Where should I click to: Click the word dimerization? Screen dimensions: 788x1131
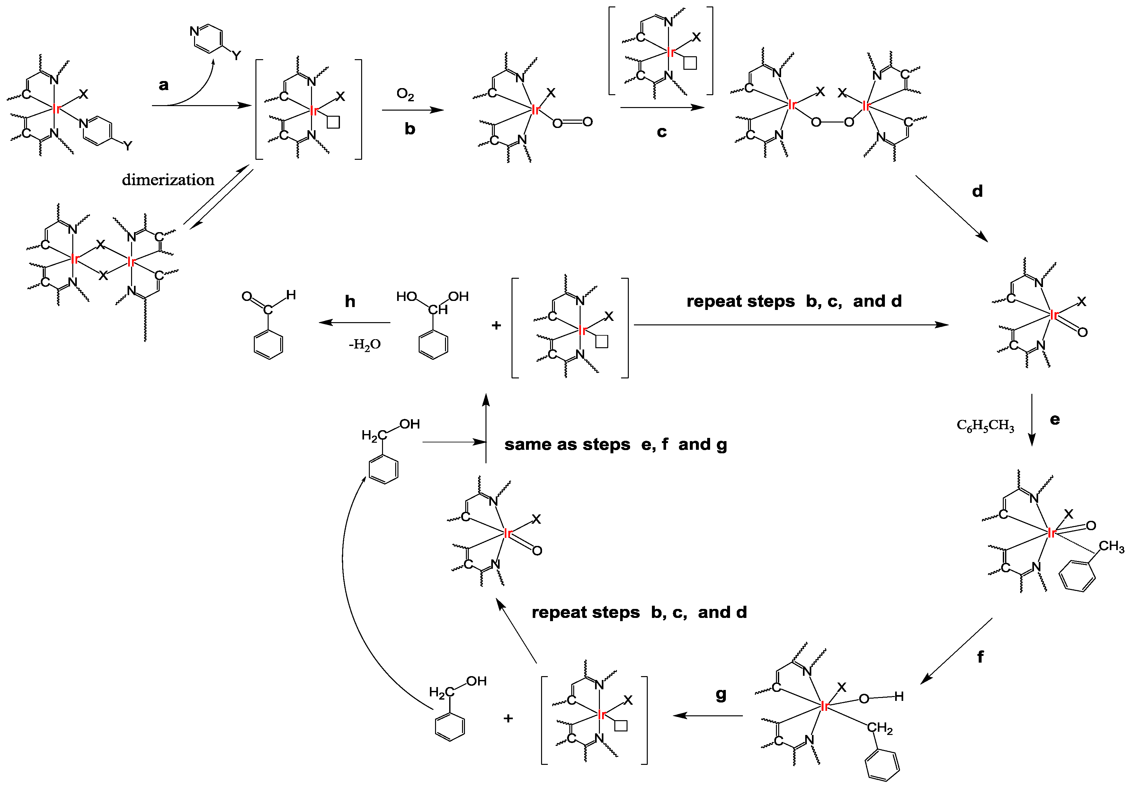[x=168, y=180]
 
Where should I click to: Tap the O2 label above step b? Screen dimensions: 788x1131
[x=405, y=94]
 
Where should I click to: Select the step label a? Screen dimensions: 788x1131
[x=164, y=85]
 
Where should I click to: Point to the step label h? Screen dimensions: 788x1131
[x=350, y=301]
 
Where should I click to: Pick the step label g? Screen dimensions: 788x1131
[x=721, y=695]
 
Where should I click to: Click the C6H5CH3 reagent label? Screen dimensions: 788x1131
[x=985, y=425]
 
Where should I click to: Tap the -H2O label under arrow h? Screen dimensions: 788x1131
[x=364, y=344]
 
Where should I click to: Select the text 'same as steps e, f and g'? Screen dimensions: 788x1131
[x=615, y=445]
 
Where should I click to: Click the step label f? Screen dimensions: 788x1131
[x=980, y=657]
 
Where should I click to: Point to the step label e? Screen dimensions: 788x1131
[x=1055, y=419]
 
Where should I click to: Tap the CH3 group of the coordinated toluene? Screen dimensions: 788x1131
[x=1111, y=547]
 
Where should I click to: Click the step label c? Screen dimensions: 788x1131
[x=662, y=132]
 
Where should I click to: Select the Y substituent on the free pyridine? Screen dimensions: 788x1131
[x=236, y=55]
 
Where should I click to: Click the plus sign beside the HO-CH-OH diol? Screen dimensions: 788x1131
[x=496, y=325]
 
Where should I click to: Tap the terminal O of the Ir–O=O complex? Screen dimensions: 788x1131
[x=587, y=121]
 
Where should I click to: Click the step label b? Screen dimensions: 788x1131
[x=410, y=129]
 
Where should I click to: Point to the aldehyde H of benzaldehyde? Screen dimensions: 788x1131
[x=291, y=295]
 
